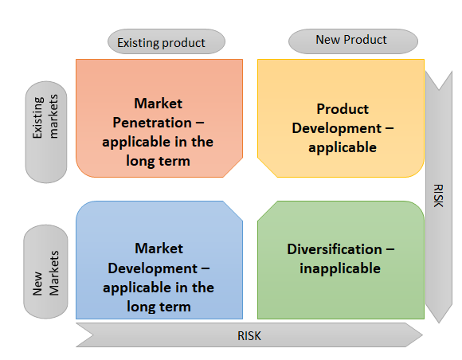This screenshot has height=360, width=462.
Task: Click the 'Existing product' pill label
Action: (166, 41)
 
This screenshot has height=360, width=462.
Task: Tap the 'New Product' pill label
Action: (353, 41)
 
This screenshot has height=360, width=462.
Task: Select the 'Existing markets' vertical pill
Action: (46, 132)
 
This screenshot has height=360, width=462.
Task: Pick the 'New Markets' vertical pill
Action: (45, 272)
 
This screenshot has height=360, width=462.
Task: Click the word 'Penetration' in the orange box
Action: (152, 123)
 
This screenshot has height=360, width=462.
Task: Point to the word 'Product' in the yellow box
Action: (343, 109)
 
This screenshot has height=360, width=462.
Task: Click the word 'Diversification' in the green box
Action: (335, 249)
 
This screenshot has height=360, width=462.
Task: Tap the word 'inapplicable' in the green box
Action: (340, 268)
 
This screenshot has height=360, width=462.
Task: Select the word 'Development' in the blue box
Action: (153, 268)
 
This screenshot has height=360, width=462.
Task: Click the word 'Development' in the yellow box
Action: (337, 128)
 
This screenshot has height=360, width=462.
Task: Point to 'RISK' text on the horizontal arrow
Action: (249, 336)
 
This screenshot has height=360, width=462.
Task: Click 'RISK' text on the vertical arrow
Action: (438, 196)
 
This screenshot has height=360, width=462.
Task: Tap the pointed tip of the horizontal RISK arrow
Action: (423, 335)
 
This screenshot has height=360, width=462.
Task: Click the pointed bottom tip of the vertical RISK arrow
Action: (439, 323)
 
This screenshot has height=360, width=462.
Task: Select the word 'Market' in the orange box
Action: (159, 104)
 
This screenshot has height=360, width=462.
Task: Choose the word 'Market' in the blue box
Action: (159, 248)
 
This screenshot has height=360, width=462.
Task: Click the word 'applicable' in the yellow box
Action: (343, 147)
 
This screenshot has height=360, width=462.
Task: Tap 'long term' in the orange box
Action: (159, 161)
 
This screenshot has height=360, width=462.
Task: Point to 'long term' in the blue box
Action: (159, 307)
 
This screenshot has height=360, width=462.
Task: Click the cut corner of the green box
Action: (268, 210)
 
